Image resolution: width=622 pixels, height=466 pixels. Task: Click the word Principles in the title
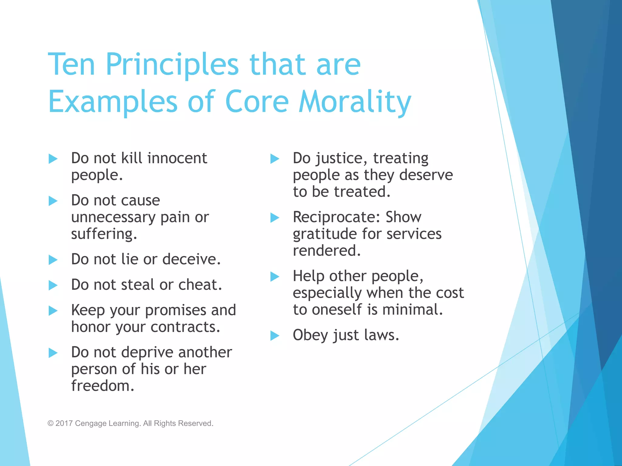point(172,65)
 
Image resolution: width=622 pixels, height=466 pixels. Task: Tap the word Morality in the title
point(355,102)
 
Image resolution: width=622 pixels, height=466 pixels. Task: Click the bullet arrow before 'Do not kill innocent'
point(53,159)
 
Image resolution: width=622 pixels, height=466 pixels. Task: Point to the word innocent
point(177,158)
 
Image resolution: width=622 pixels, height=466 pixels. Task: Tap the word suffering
point(104,234)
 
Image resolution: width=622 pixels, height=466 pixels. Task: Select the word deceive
point(191,259)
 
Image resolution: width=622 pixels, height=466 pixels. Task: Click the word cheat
point(200,285)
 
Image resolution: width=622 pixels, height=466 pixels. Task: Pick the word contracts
point(185,327)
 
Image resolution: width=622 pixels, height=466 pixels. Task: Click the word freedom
point(103,386)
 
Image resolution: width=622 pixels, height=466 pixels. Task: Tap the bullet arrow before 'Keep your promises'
point(53,311)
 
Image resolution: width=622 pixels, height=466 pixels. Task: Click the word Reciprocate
point(337,217)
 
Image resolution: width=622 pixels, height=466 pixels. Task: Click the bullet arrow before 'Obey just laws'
point(275,336)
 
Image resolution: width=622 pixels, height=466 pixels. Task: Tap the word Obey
point(310,336)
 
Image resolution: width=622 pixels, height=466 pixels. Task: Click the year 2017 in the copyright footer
point(64,423)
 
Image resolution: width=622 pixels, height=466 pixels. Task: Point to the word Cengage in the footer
point(90,424)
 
